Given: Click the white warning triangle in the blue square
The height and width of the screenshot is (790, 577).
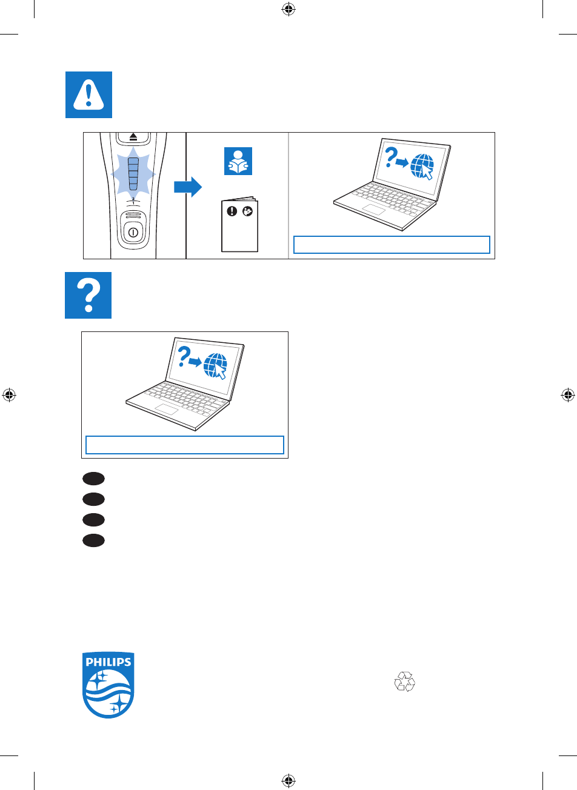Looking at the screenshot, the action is coord(89,95).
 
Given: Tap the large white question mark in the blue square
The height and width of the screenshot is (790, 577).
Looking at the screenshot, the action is coord(88,295).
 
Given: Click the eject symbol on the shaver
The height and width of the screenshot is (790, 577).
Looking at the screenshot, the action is coord(134,138).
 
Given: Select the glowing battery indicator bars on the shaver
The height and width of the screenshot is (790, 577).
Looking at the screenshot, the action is coord(134,174).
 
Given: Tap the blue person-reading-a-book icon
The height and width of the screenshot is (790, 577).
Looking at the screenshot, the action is coord(238,162).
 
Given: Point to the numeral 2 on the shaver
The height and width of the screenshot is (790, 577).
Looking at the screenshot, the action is coord(134,198).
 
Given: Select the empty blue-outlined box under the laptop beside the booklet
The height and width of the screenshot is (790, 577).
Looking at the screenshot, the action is coord(392,245).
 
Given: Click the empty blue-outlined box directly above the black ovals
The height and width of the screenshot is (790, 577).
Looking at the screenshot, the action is coord(185,445).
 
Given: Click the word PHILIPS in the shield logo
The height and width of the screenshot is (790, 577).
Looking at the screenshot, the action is coord(108,662).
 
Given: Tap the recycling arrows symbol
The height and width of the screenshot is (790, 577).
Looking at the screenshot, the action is coord(405,682).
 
